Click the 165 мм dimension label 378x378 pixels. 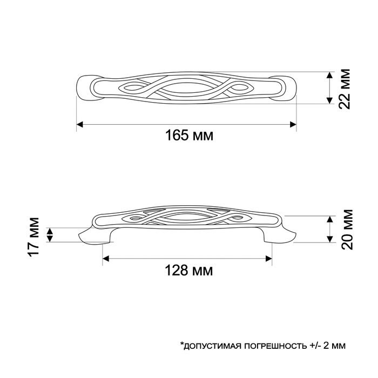188,136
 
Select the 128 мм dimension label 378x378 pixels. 187,270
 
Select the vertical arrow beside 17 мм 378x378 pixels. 50,235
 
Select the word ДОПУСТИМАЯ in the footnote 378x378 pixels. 210,345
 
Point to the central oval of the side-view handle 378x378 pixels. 187,219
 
